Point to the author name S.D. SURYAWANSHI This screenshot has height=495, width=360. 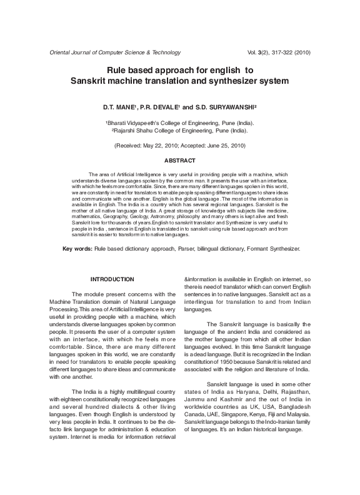click(227, 107)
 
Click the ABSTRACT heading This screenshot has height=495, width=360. click(179, 161)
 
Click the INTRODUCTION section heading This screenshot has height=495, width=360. click(112, 278)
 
